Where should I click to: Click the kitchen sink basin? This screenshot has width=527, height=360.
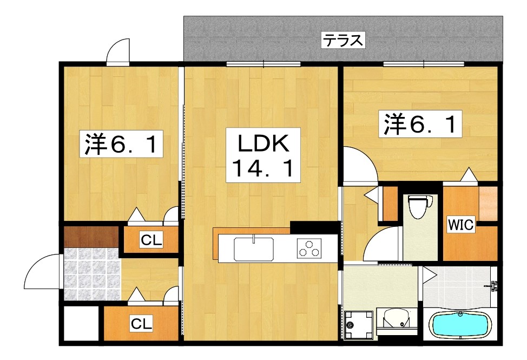pyautogui.click(x=253, y=249)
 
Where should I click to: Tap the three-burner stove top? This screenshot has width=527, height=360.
pyautogui.click(x=309, y=250)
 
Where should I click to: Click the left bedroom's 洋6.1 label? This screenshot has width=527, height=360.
pyautogui.click(x=122, y=145)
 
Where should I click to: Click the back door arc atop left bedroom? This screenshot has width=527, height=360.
pyautogui.click(x=118, y=52)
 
